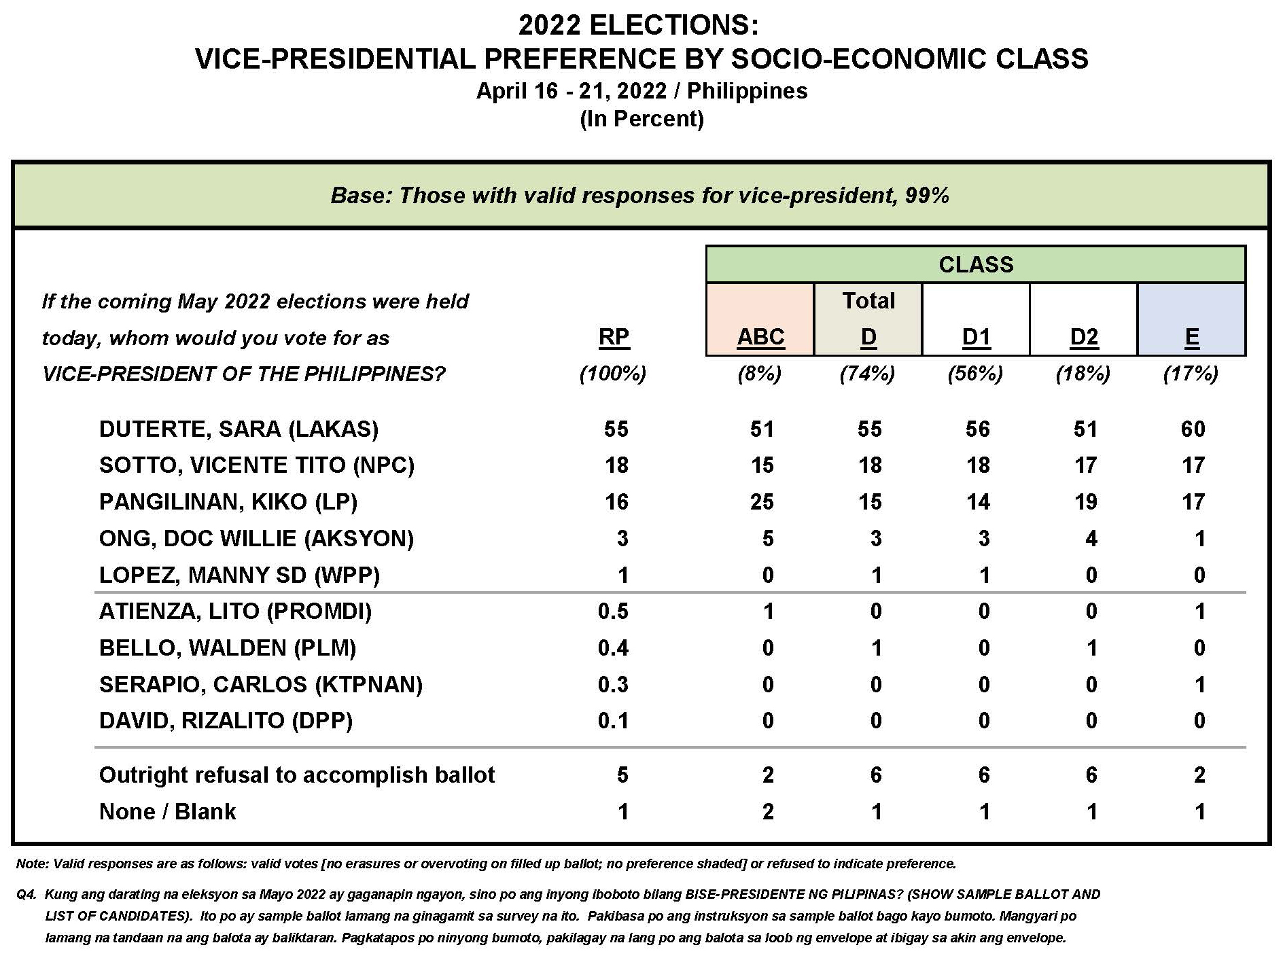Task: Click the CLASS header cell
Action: (x=976, y=264)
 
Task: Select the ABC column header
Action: (x=760, y=337)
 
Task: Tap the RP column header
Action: (x=614, y=337)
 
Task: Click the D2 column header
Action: (x=1084, y=337)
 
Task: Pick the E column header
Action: (x=1191, y=337)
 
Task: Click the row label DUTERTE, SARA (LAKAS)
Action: (x=239, y=429)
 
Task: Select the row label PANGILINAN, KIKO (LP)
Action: (x=228, y=502)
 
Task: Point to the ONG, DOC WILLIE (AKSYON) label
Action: (x=256, y=539)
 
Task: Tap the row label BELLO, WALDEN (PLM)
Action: (x=228, y=648)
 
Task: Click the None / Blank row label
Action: (x=167, y=811)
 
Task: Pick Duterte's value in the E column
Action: (x=1193, y=429)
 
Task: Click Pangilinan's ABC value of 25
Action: (x=762, y=502)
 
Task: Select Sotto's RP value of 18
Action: (x=616, y=465)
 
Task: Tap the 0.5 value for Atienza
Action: (x=613, y=611)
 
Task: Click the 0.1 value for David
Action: (x=613, y=721)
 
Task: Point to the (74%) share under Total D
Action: (x=868, y=374)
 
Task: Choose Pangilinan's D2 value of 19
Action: (x=1085, y=502)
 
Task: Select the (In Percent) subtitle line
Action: (x=641, y=119)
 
